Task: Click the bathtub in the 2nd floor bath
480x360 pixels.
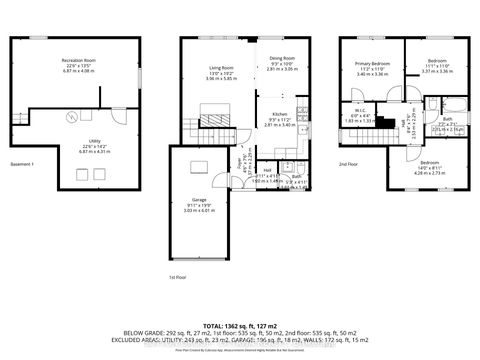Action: pos(445,105)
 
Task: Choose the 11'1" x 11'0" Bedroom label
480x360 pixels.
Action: pos(439,67)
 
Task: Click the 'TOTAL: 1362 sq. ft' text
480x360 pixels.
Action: pos(239,326)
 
